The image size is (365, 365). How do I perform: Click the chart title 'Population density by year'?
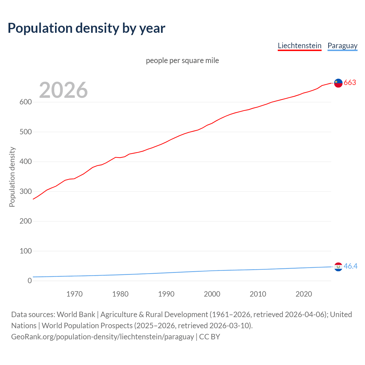tap(86, 28)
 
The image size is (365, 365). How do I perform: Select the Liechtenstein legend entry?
tap(299, 46)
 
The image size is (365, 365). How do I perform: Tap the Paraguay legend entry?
tap(342, 46)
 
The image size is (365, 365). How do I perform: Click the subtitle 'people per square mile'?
tap(182, 60)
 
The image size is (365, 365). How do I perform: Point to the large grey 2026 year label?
tap(63, 90)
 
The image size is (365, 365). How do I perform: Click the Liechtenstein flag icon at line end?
tap(338, 83)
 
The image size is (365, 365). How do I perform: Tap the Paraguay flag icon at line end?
tap(338, 267)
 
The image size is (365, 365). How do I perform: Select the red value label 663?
tap(350, 83)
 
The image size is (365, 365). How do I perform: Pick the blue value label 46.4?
tap(350, 266)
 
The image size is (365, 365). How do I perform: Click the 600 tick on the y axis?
tap(25, 102)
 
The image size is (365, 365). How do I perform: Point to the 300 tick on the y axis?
tap(25, 191)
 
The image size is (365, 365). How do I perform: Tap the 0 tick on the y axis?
tap(30, 281)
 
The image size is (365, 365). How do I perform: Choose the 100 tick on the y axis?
tap(25, 251)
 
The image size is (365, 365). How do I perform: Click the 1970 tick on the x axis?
tap(74, 294)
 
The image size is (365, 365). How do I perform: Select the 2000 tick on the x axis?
tap(212, 294)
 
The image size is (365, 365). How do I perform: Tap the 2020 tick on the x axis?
tap(304, 294)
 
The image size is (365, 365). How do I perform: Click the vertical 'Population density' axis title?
tap(12, 177)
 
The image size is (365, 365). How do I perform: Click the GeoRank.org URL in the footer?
tap(102, 337)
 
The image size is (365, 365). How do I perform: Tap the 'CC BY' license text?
tap(210, 337)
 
